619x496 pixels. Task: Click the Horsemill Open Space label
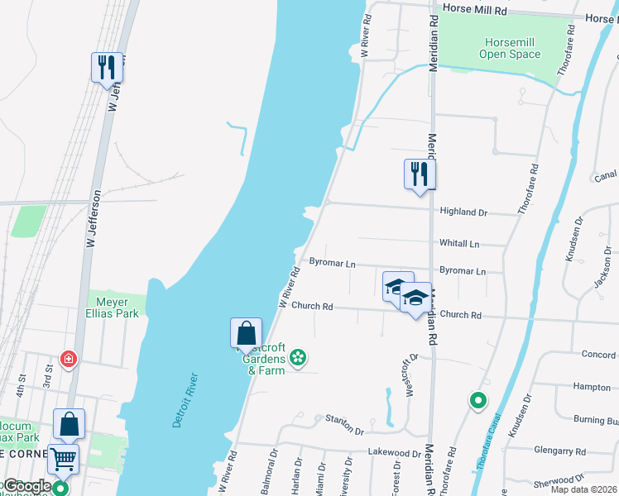click(510, 48)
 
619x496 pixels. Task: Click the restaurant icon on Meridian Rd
click(420, 174)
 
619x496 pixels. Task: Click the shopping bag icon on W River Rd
click(246, 333)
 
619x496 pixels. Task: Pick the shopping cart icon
click(63, 459)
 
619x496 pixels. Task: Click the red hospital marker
click(69, 360)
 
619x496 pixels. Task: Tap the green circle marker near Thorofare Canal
click(477, 402)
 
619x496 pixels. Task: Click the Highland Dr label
click(463, 212)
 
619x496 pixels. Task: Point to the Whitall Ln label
click(459, 245)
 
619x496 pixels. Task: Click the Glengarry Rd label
click(560, 452)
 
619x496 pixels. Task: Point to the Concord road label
click(598, 355)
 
